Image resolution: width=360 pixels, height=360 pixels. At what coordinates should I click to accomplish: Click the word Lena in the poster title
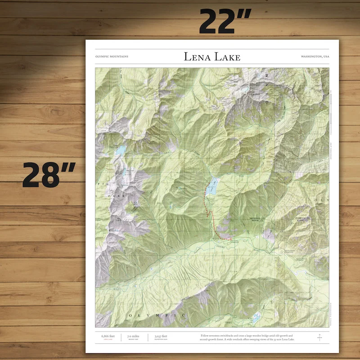click(197, 57)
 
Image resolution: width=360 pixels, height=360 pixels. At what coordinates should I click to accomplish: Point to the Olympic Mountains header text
click(112, 57)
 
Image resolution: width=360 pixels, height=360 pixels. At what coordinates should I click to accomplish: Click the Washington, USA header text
click(315, 57)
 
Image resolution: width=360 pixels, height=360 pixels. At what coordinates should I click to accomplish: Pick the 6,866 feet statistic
click(108, 336)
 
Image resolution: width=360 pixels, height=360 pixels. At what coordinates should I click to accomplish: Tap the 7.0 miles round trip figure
click(133, 336)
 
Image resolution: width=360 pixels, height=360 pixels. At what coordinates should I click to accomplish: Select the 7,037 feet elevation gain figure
click(161, 336)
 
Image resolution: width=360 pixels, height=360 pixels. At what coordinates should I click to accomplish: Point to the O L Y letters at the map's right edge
click(320, 199)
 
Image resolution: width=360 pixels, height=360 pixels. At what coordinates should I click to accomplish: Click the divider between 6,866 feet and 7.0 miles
click(122, 337)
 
